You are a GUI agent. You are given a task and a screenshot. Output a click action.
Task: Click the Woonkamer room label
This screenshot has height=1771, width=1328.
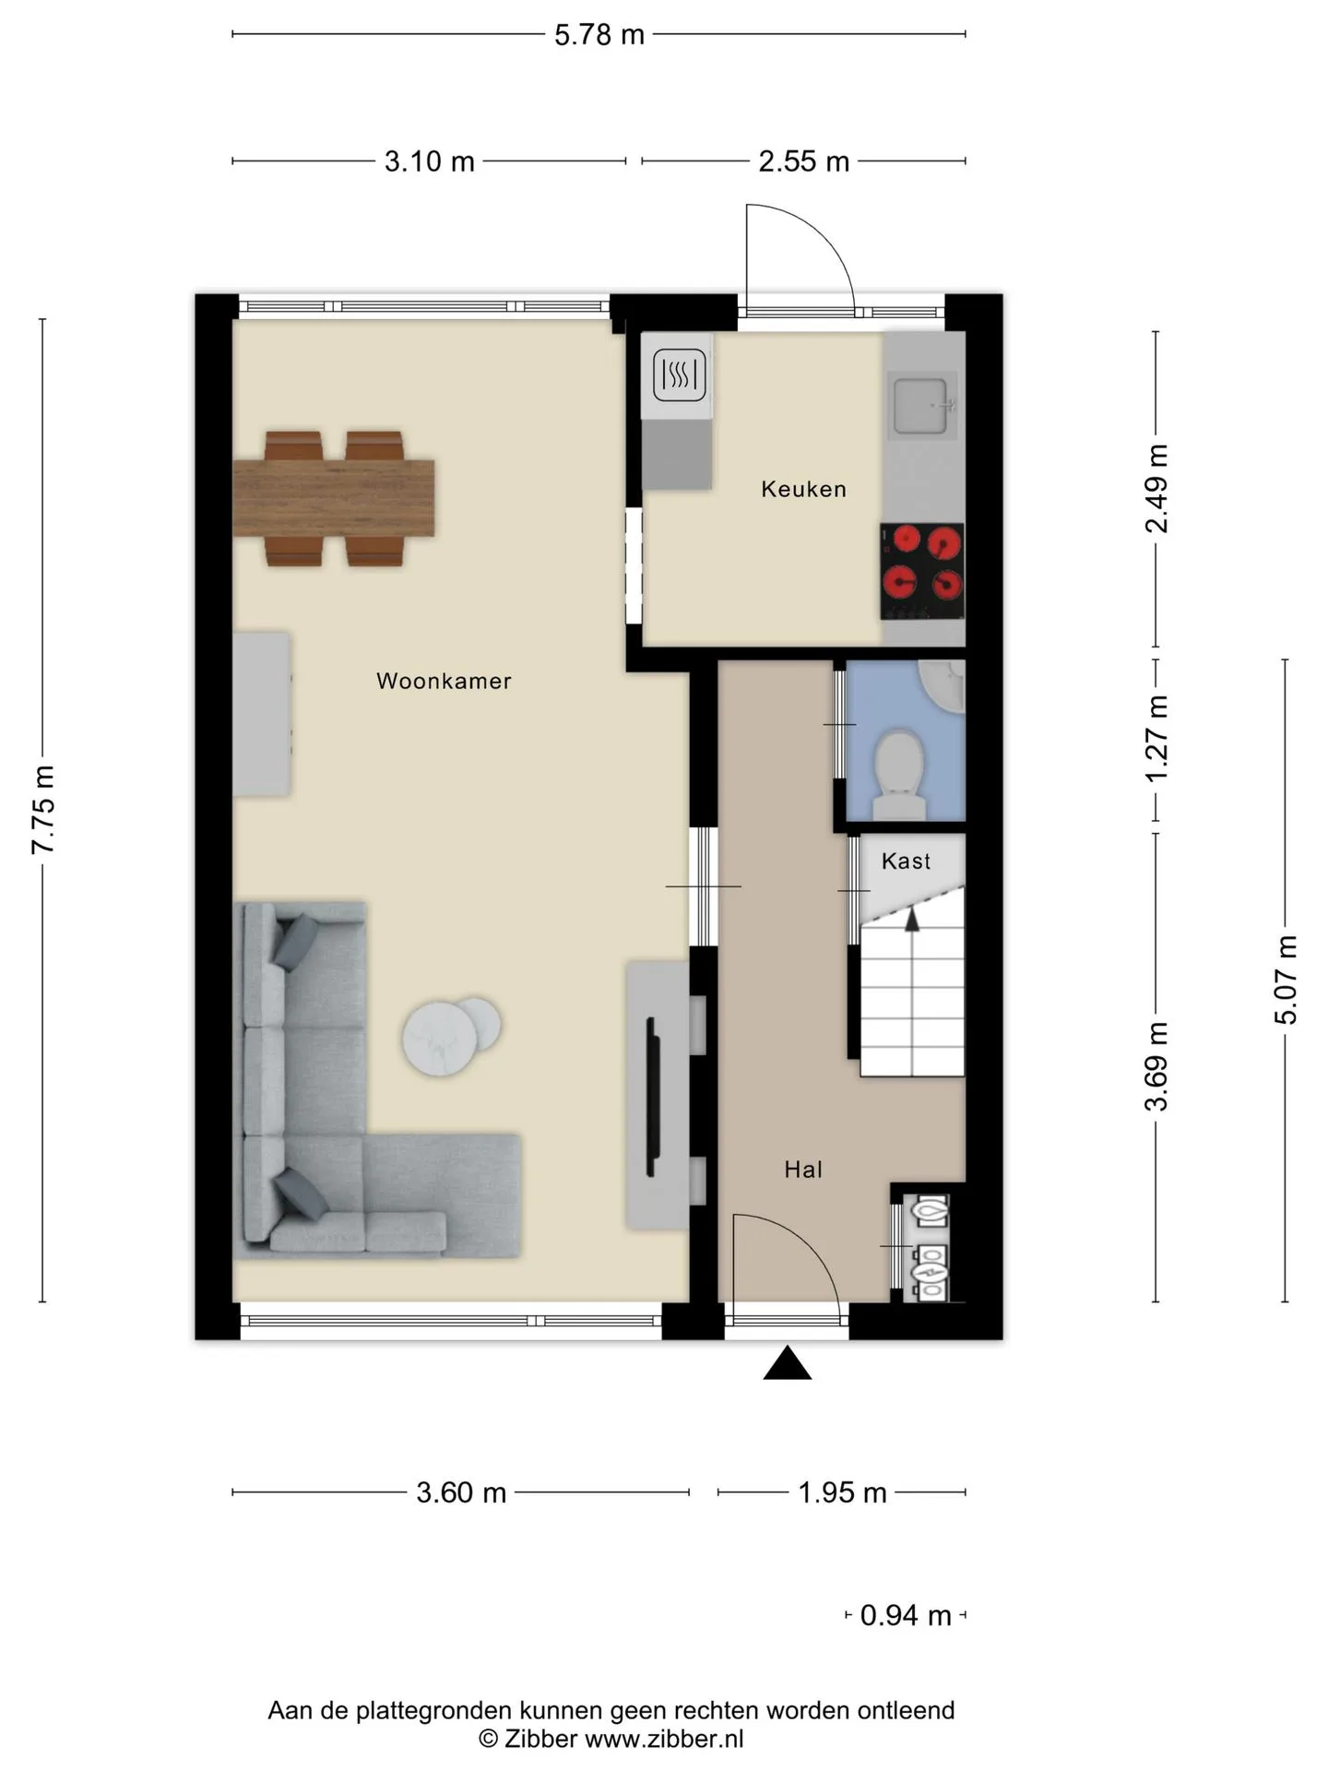(x=444, y=681)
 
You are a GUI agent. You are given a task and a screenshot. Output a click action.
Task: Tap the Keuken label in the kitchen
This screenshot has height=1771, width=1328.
(x=803, y=489)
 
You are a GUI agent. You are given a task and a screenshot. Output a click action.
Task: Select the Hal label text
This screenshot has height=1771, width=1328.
(x=803, y=1170)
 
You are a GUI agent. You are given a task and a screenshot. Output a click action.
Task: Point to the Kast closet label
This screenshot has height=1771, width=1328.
(x=906, y=861)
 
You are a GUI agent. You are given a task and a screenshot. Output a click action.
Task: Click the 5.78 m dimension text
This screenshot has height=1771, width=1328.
(x=599, y=35)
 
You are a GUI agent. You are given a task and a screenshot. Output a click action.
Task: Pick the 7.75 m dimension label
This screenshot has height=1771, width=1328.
(x=44, y=810)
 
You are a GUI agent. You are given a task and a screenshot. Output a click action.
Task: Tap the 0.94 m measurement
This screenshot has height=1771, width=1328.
(x=906, y=1615)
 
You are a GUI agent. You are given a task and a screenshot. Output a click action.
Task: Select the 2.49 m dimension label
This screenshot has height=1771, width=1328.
(x=1156, y=489)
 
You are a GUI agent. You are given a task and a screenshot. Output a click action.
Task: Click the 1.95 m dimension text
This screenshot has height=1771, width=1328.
(x=842, y=1492)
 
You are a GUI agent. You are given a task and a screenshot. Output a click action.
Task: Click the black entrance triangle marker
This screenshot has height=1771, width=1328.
(x=788, y=1364)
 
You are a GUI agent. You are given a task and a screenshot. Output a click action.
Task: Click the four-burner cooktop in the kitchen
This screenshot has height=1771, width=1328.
(x=922, y=572)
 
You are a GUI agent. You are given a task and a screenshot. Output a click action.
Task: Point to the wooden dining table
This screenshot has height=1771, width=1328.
(x=333, y=498)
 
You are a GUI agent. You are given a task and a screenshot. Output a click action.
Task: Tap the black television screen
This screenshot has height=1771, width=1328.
(x=652, y=1096)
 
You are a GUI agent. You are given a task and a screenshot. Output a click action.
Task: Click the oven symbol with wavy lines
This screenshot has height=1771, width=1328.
(x=681, y=374)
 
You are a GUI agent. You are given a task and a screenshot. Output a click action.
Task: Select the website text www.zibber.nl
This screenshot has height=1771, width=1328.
(x=664, y=1739)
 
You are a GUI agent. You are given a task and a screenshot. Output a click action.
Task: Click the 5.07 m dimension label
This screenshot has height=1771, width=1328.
(x=1286, y=980)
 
